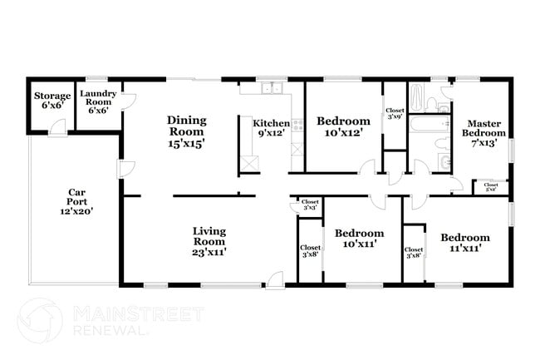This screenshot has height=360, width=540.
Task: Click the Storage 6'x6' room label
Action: click(52, 101)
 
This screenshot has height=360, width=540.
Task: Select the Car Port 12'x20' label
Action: click(75, 201)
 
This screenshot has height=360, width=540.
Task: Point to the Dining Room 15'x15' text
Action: click(187, 131)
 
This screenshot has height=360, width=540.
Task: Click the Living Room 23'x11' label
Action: click(209, 240)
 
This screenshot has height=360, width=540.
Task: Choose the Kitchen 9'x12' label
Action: click(271, 128)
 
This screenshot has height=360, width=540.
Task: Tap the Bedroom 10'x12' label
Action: click(342, 126)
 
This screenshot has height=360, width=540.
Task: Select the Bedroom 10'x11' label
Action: click(359, 239)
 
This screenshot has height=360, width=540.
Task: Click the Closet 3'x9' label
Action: click(394, 114)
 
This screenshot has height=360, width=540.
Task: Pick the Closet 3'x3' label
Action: click(310, 205)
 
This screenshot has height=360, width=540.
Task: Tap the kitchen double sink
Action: click(272, 88)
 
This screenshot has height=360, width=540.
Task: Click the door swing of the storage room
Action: click(57, 126)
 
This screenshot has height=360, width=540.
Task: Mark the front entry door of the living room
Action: click(275, 279)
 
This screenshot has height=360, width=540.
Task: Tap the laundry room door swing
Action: click(127, 101)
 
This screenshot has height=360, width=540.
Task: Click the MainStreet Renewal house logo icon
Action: click(38, 319)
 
